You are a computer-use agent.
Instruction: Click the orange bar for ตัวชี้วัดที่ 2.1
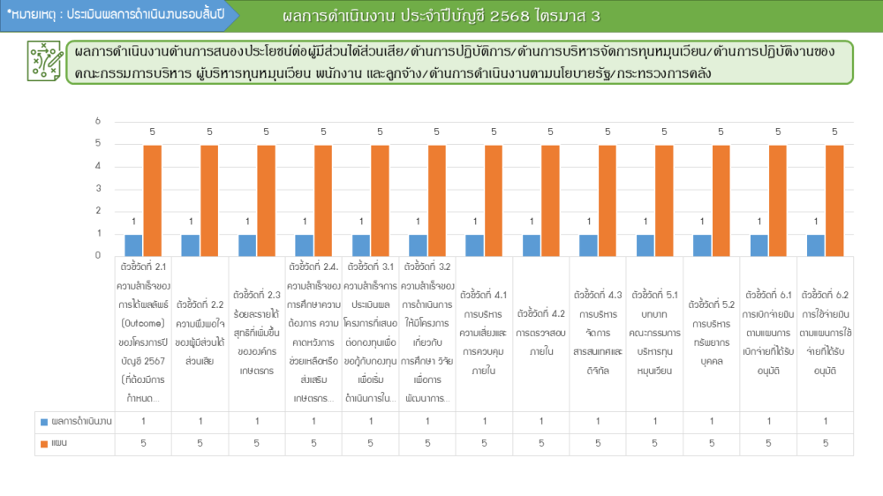pyautogui.click(x=152, y=200)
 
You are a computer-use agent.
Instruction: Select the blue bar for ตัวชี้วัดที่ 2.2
pyautogui.click(x=190, y=245)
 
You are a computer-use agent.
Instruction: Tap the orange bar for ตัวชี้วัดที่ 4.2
pyautogui.click(x=550, y=200)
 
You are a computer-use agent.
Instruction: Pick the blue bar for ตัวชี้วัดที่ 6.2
pyautogui.click(x=815, y=245)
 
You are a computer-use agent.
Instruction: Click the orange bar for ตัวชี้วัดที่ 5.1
pyautogui.click(x=664, y=200)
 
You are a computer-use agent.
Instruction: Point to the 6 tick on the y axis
pyautogui.click(x=98, y=122)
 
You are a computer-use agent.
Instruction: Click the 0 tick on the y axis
pyautogui.click(x=98, y=256)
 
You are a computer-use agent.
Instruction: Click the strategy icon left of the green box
pyautogui.click(x=42, y=61)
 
